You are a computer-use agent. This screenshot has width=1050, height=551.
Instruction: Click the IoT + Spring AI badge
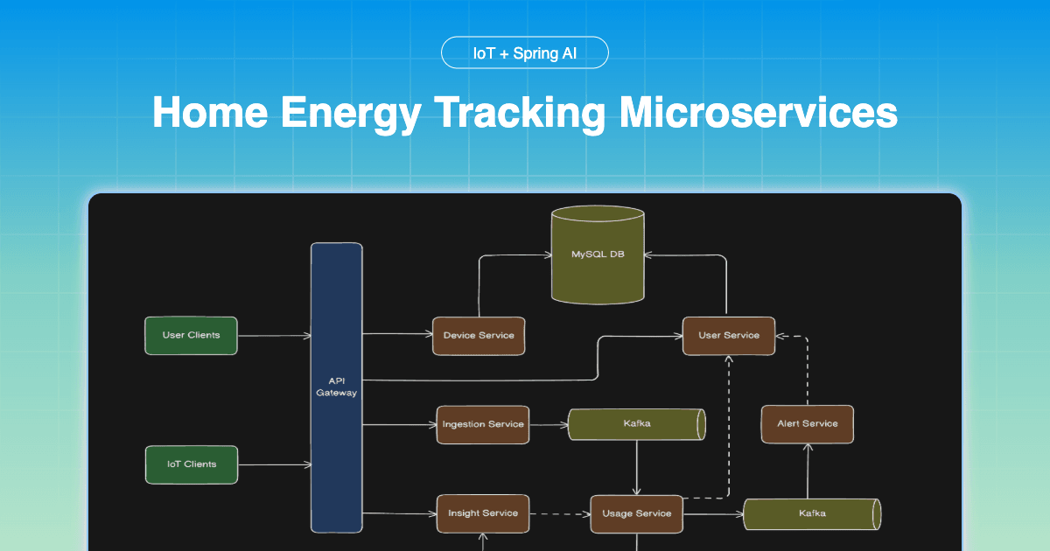[x=525, y=52]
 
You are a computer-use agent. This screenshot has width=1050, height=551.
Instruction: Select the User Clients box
[x=191, y=335]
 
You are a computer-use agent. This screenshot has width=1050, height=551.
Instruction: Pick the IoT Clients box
[x=191, y=464]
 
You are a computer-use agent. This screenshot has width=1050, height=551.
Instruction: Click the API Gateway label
[x=337, y=387]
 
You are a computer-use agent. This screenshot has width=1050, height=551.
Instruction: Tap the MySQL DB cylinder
[x=597, y=255]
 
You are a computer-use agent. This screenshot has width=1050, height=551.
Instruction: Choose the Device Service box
[x=479, y=335]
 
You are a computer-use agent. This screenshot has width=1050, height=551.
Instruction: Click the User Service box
[x=729, y=335]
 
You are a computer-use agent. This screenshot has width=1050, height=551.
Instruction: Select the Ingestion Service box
[x=483, y=424]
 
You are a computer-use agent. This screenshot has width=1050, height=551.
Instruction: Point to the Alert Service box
[x=807, y=423]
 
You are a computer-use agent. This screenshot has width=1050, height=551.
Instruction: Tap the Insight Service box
[x=483, y=513]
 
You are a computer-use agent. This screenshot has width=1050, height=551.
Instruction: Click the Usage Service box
[x=636, y=513]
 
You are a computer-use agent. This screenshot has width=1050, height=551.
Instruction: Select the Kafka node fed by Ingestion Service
[x=637, y=424]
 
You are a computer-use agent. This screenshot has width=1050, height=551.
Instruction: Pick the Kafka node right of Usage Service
[x=811, y=513]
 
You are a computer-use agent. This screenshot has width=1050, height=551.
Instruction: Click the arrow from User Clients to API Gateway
[x=273, y=336]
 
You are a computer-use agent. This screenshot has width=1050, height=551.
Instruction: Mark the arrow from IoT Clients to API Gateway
[x=273, y=464]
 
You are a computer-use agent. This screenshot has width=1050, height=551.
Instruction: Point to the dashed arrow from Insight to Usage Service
[x=559, y=513]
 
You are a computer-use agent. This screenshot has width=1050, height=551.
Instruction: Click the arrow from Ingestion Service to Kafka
[x=549, y=425]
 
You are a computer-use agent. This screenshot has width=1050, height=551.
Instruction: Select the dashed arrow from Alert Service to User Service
[x=807, y=367]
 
